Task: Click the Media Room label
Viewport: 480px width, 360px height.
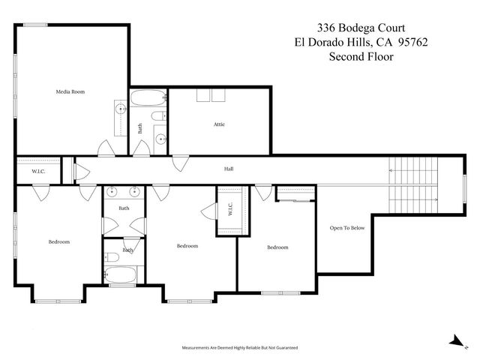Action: (x=70, y=91)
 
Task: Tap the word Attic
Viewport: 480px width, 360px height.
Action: (x=219, y=124)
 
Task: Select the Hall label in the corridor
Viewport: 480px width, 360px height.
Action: (x=229, y=169)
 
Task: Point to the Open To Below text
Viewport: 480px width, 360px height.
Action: (x=347, y=228)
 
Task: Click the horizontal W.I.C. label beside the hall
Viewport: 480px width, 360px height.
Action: (x=38, y=172)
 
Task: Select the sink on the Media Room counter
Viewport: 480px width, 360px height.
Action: (x=120, y=109)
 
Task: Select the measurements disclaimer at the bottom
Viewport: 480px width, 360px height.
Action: (x=240, y=348)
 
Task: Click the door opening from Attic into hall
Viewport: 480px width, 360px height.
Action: (x=180, y=160)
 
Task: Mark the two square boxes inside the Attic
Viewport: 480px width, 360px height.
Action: (x=211, y=95)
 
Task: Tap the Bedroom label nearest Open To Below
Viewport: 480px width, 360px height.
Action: (x=277, y=247)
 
